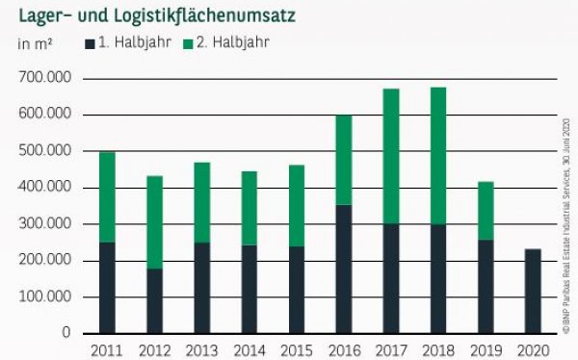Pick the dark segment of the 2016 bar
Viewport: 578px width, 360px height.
[x=343, y=269]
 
